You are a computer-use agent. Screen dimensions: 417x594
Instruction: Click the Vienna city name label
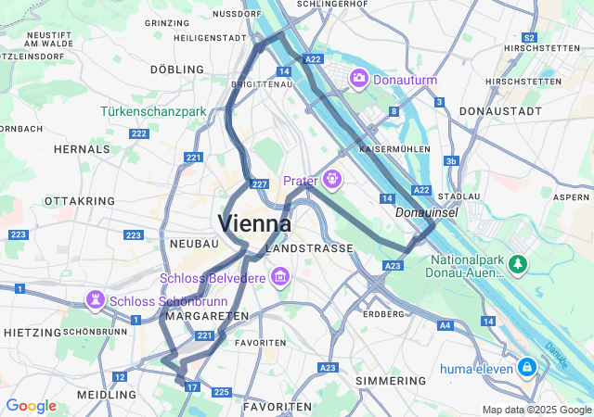[x=254, y=223]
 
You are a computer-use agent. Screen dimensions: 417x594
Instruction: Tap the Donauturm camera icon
[x=358, y=79]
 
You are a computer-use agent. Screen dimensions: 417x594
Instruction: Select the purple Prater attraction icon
[x=331, y=179]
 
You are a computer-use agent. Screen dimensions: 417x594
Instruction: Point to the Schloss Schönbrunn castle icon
[x=94, y=300]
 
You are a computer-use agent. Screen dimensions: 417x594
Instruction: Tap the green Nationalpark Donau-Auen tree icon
[x=517, y=266]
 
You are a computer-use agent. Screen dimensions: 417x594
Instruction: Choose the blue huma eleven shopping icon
[x=527, y=367]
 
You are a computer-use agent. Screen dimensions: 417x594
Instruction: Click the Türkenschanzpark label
[x=153, y=112]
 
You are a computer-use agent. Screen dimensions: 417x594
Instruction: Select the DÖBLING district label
[x=176, y=69]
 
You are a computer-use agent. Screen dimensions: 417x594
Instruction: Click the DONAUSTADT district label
[x=500, y=111]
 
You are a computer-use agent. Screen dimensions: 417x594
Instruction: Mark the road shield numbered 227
[x=260, y=184]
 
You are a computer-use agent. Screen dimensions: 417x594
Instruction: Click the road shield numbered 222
[x=139, y=134]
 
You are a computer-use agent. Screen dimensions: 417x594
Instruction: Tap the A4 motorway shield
[x=445, y=325]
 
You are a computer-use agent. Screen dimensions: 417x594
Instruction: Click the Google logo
[x=31, y=406]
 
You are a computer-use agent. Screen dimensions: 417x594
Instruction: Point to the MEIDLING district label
[x=107, y=395]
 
